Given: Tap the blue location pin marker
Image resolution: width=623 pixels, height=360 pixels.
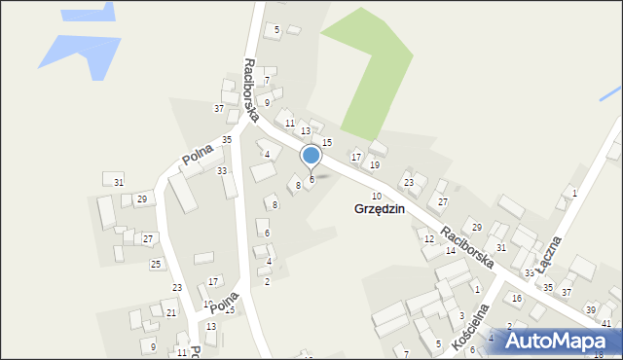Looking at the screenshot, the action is pyautogui.click(x=311, y=156).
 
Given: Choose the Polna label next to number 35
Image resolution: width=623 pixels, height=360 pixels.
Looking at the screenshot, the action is pyautogui.click(x=198, y=153).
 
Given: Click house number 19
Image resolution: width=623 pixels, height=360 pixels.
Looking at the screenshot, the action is pyautogui.click(x=375, y=165).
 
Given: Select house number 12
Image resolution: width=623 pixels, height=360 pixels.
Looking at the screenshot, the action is pyautogui.click(x=429, y=239).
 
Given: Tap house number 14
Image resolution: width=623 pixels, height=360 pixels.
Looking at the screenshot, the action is pyautogui.click(x=451, y=251).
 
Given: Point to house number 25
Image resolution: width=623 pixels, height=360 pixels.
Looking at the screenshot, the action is pyautogui.click(x=155, y=265).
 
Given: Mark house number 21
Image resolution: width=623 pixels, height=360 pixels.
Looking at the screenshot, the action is pyautogui.click(x=171, y=312).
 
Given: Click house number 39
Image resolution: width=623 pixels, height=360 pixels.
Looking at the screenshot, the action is pyautogui.click(x=590, y=309).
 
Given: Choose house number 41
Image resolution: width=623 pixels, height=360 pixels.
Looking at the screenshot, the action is pyautogui.click(x=606, y=323).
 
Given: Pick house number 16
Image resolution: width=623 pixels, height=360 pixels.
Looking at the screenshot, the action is pyautogui.click(x=517, y=298).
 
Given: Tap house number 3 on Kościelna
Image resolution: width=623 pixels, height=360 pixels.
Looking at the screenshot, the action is pyautogui.click(x=461, y=315).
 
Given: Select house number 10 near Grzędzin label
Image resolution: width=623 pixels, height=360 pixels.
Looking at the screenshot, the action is pyautogui.click(x=377, y=197).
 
